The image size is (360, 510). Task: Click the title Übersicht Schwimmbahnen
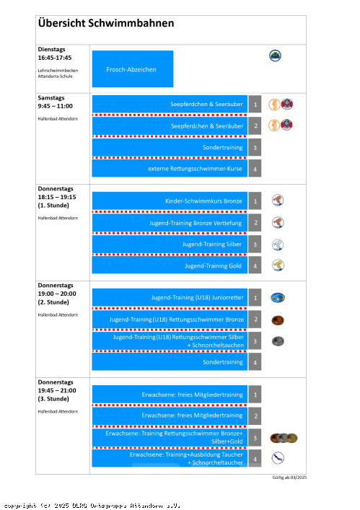click(106, 23)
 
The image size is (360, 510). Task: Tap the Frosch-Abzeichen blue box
click(133, 69)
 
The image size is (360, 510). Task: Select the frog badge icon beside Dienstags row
click(275, 56)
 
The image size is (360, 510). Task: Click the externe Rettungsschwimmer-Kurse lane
click(170, 169)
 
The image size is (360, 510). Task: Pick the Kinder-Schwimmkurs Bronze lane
click(170, 201)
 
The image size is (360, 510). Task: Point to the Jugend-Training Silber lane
click(170, 244)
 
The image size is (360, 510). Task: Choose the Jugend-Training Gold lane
click(170, 265)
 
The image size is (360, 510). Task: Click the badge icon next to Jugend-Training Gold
click(278, 265)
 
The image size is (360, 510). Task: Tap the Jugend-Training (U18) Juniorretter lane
click(170, 297)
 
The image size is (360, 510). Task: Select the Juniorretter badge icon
click(278, 298)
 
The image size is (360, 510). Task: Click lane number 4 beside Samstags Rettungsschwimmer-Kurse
click(255, 169)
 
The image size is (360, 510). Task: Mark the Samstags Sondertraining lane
click(170, 147)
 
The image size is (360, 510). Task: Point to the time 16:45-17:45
click(55, 58)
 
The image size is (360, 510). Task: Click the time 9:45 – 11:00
click(56, 106)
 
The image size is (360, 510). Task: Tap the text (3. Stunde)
click(53, 399)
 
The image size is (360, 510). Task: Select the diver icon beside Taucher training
click(278, 458)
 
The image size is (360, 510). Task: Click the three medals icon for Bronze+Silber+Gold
click(284, 438)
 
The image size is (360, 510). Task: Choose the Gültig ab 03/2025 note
click(289, 478)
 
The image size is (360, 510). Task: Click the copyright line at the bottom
click(92, 506)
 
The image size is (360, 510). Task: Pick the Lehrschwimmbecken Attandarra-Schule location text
click(58, 73)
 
